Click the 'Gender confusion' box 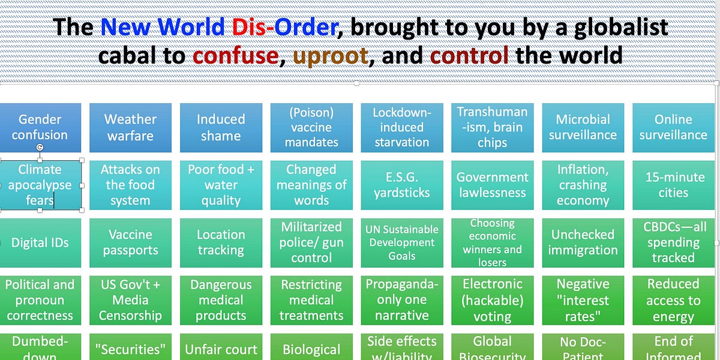coord(40,127)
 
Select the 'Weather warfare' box coord(130,127)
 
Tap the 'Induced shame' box coord(221,127)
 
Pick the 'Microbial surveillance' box coord(583,127)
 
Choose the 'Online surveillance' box coord(673,127)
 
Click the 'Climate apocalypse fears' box coord(40,185)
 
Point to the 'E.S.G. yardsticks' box coord(402,185)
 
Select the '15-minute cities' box coord(673,185)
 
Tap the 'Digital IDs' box coord(40,242)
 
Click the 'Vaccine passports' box coord(130,242)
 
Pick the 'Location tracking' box coord(221,242)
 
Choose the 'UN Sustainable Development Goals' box coord(402,242)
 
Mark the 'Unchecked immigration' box coord(583,242)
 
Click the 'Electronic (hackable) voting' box coord(493,300)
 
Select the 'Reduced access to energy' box coord(673,300)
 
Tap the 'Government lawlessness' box coord(493,185)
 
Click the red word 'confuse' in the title coord(235,56)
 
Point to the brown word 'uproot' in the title coord(330,56)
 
